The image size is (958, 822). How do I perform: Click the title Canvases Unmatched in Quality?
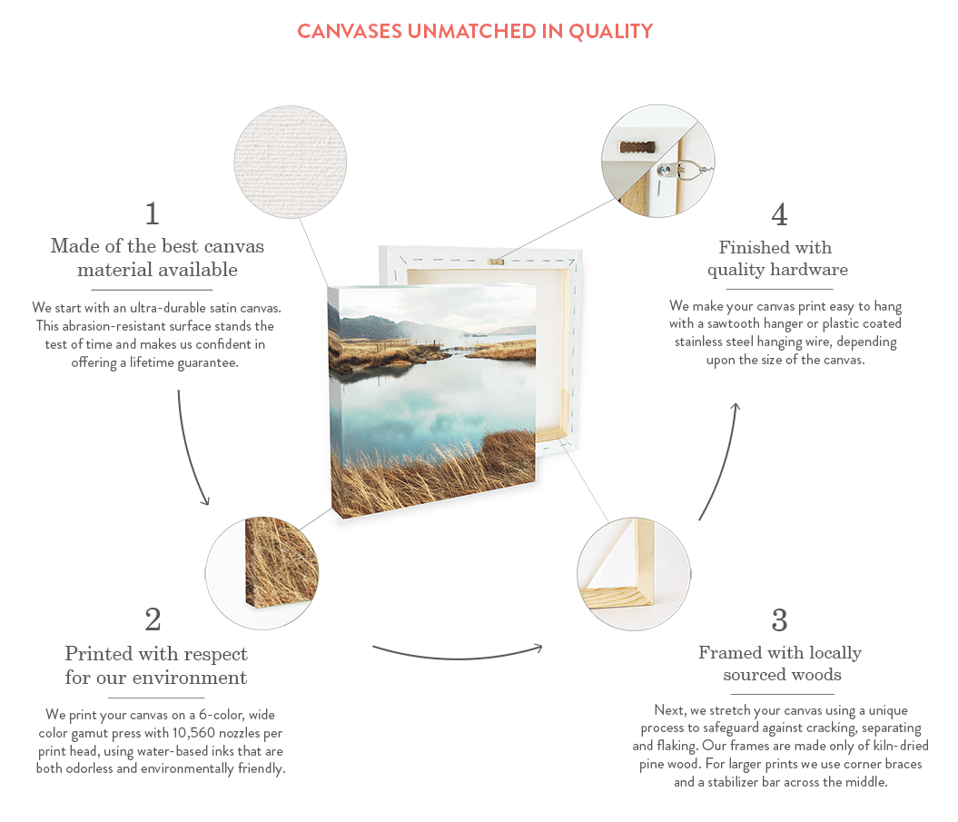[475, 31]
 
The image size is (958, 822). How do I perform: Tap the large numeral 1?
[153, 214]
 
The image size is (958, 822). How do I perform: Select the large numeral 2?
[153, 619]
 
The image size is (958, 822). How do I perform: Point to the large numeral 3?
[779, 620]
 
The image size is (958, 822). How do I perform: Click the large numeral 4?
[779, 214]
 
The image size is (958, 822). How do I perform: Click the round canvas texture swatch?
[291, 162]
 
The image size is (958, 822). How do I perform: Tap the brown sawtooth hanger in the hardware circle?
[637, 146]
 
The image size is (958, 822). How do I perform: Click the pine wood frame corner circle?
[634, 574]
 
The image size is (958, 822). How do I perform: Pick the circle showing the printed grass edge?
[262, 573]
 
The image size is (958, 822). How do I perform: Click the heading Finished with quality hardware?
[777, 259]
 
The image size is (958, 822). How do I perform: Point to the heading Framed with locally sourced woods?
[781, 664]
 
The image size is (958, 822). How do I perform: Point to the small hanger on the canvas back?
[496, 262]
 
